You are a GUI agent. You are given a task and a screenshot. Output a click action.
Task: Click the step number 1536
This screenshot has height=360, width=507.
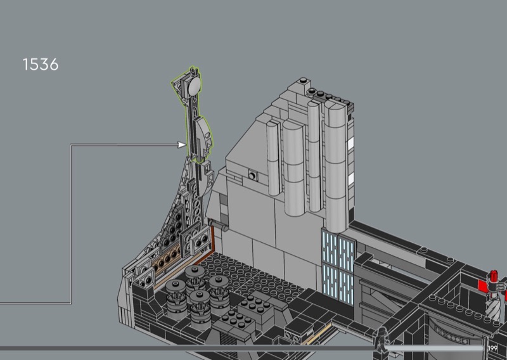(41, 65)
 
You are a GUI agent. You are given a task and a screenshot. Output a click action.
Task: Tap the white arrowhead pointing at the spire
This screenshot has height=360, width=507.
(182, 145)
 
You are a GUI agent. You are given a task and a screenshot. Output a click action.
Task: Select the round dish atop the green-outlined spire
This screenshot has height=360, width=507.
(195, 86)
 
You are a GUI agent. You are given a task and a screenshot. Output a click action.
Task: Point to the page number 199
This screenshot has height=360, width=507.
(493, 349)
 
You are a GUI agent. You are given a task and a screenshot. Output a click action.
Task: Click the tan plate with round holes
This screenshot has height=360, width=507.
(167, 259)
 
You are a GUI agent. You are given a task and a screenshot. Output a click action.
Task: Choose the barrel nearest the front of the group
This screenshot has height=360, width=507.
(200, 309)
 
